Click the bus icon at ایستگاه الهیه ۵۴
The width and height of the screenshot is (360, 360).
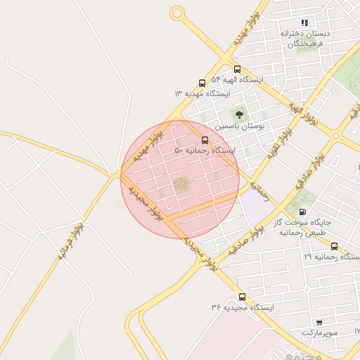[x=237, y=70]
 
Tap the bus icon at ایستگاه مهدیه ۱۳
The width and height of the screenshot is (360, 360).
[x=202, y=83]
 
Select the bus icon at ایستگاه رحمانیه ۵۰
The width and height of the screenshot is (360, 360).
[x=205, y=140]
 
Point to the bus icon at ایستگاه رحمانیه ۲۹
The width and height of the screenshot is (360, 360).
[x=334, y=246]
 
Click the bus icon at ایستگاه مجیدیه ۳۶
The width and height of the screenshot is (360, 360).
[x=242, y=297]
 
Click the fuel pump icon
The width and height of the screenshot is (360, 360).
[x=303, y=211]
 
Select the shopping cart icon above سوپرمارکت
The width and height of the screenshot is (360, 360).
[x=320, y=321]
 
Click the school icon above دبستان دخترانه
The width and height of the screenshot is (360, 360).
[x=304, y=22]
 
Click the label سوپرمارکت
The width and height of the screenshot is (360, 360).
[x=321, y=332]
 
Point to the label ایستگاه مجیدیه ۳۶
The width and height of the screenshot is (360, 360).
[x=241, y=308]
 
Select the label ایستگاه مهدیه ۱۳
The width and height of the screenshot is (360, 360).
[x=202, y=94]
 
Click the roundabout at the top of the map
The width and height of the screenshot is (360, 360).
[x=177, y=13]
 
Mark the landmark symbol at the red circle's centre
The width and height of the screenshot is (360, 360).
[x=181, y=185]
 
